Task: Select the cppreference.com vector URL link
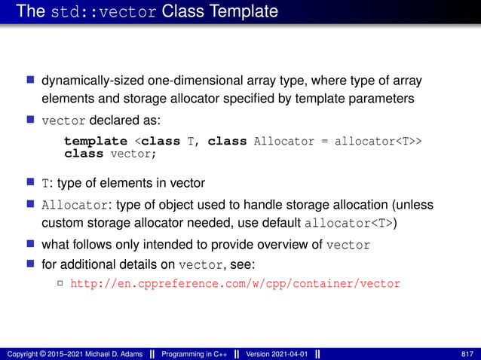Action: point(234,284)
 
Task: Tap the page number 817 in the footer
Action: point(467,353)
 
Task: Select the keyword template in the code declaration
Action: point(95,141)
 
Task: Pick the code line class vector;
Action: point(110,153)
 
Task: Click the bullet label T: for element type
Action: point(47,183)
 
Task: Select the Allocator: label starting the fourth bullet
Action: point(72,205)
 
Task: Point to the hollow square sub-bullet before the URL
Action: point(60,284)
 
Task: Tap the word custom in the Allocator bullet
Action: point(60,223)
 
